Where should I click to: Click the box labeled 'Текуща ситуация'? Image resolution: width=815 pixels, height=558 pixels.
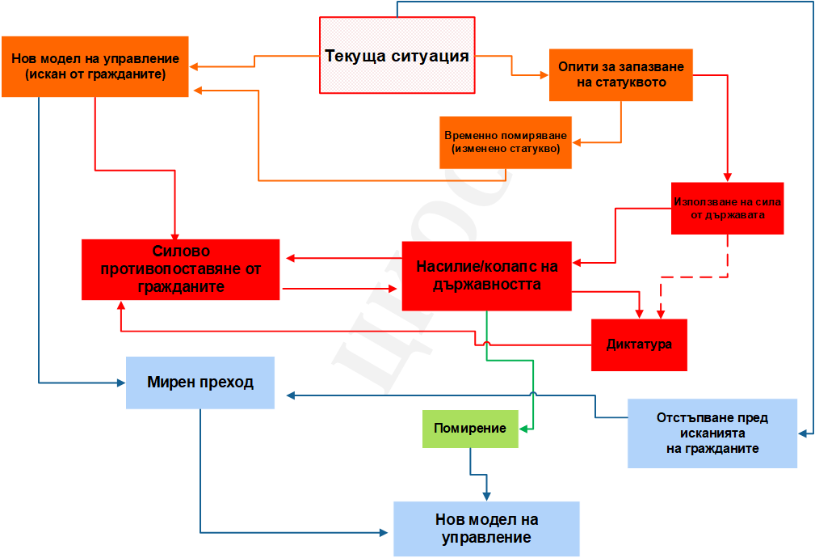[397, 55]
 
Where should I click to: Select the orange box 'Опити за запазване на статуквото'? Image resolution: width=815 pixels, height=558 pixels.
[621, 75]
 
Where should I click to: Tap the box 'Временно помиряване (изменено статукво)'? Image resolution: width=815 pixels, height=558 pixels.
[506, 142]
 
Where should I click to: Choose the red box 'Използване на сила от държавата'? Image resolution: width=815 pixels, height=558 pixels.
[727, 208]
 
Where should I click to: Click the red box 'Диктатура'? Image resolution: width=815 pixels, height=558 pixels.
[639, 345]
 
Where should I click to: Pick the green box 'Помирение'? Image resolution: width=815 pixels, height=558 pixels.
[470, 429]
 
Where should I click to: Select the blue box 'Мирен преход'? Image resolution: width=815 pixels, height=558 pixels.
[200, 383]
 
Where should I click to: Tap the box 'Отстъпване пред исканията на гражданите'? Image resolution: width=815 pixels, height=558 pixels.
[712, 433]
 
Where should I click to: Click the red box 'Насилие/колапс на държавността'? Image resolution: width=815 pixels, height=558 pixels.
[486, 276]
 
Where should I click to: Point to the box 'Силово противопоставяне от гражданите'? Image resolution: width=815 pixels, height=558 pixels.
[180, 269]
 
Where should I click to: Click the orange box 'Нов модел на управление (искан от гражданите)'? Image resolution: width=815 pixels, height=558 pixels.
[95, 66]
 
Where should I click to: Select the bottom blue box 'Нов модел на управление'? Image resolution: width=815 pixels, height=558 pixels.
[486, 529]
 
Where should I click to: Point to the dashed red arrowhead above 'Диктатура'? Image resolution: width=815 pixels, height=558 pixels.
[661, 315]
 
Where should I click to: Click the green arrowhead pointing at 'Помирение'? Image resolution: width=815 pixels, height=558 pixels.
[523, 429]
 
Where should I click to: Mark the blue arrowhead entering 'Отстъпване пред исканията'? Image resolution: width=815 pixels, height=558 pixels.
[803, 433]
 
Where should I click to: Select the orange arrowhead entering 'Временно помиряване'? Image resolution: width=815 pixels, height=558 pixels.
[577, 142]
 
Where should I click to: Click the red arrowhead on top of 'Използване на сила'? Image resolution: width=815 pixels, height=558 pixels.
[728, 177]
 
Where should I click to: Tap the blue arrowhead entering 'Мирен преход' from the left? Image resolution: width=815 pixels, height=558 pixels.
[121, 383]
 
